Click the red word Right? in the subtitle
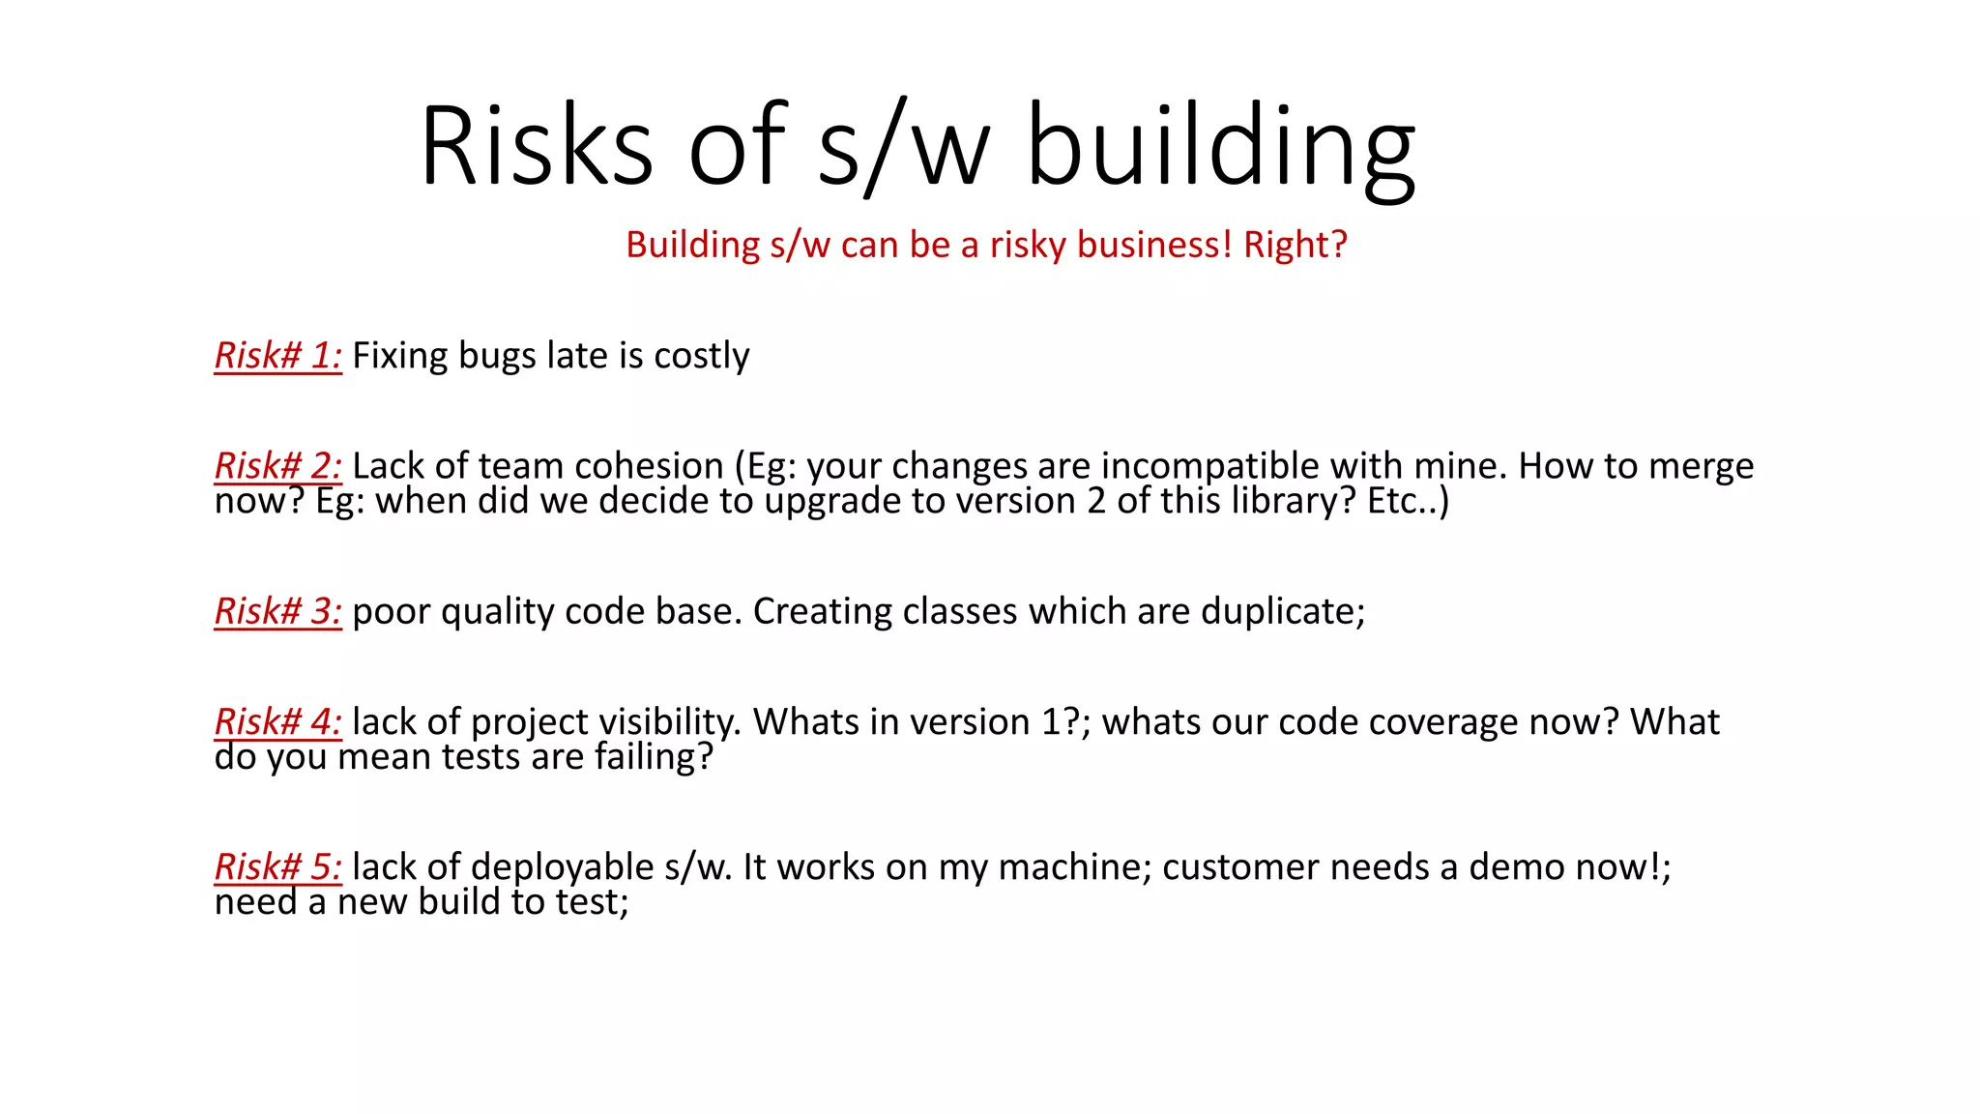point(1295,245)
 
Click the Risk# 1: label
point(278,356)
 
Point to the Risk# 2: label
point(278,466)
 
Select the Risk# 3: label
point(278,611)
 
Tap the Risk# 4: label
point(278,722)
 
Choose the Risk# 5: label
point(278,867)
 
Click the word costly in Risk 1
point(701,356)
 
